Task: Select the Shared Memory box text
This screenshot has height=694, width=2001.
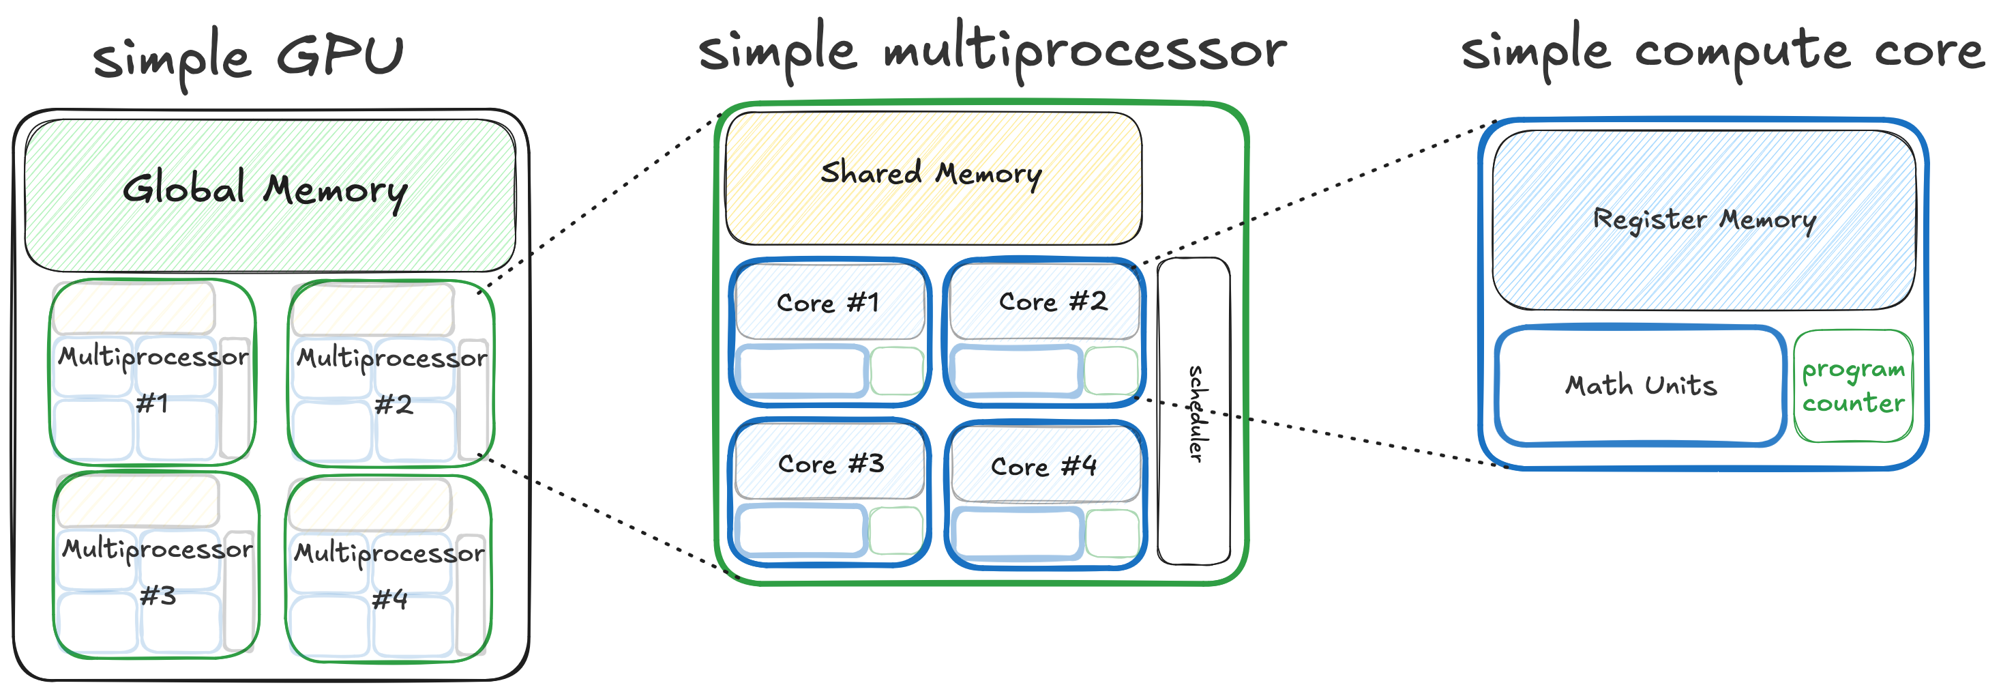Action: pos(930,173)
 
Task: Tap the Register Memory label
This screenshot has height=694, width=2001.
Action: pos(1704,220)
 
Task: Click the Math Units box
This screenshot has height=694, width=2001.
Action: pos(1641,386)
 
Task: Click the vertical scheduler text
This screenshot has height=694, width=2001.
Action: pos(1197,414)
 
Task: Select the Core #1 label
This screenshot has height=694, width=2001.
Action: pos(828,302)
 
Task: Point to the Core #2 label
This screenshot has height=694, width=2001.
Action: pos(1052,302)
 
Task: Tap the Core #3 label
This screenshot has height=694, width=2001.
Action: pos(831,464)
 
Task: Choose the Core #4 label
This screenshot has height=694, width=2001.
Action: pos(1043,466)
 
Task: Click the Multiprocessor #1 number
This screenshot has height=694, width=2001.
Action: pos(152,403)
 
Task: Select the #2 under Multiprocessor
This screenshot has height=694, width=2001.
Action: pos(393,405)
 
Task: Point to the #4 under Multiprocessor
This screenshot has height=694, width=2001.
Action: pos(389,599)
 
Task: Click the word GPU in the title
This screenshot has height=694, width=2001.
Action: pos(341,56)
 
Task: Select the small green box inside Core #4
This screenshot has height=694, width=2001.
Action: pos(1112,534)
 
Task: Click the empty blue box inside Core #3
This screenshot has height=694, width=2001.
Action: pos(801,531)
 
